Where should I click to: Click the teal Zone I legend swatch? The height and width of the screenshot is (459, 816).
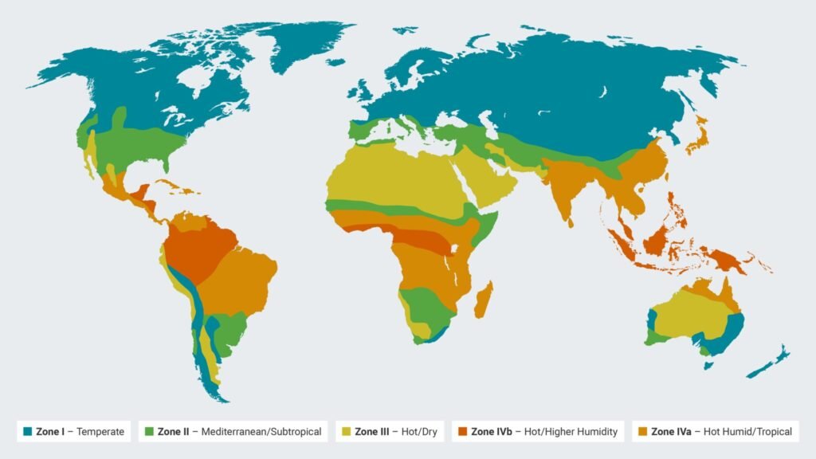click(x=28, y=432)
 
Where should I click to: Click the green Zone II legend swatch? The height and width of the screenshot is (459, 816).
click(x=150, y=432)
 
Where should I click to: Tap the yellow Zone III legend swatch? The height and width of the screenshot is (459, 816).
click(x=346, y=432)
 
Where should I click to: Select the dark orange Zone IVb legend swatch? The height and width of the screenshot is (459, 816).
click(x=463, y=432)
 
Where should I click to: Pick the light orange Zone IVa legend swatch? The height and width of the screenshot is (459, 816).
click(x=643, y=432)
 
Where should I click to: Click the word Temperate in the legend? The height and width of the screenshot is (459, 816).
click(x=100, y=432)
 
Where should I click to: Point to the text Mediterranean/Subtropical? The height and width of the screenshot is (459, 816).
click(x=261, y=432)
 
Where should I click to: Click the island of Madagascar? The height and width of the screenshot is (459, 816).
click(x=483, y=303)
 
